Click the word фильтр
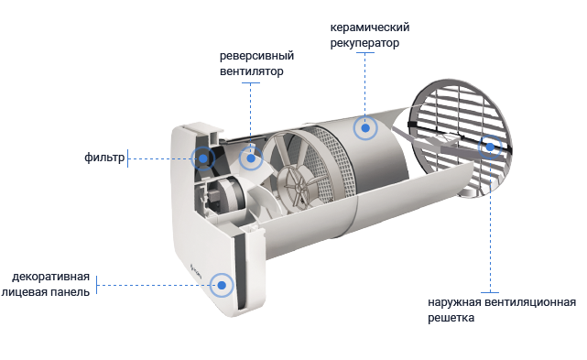(104, 158)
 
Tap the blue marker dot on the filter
(203, 158)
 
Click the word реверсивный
(256, 56)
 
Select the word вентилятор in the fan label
(252, 71)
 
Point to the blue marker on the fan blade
(251, 158)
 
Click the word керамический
(370, 27)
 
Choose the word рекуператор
(364, 43)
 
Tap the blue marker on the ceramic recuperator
(365, 128)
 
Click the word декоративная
(51, 277)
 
